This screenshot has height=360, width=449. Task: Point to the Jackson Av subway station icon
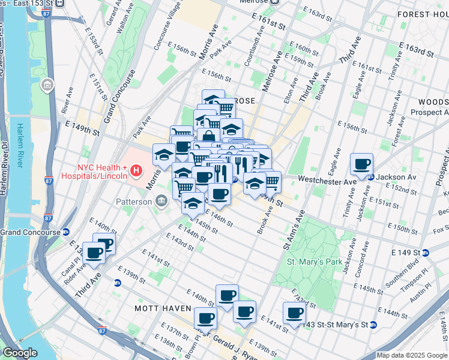(371, 177)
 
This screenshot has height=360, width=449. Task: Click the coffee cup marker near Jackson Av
(361, 164)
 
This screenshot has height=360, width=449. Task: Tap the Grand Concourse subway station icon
(65, 232)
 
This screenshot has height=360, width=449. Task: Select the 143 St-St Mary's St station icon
(373, 325)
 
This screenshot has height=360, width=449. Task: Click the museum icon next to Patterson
(161, 202)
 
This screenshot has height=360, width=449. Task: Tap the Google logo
(20, 353)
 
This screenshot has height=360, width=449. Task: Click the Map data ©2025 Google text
(412, 355)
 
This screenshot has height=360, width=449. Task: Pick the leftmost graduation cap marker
(164, 155)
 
